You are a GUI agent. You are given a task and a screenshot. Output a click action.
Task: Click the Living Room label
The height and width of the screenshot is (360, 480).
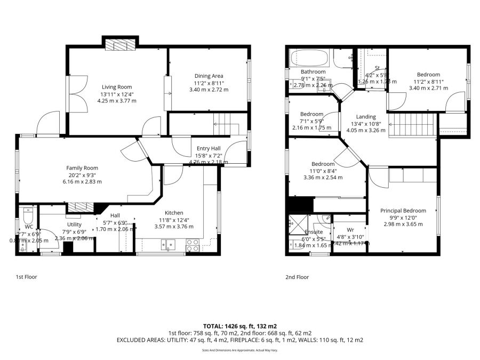(117, 87)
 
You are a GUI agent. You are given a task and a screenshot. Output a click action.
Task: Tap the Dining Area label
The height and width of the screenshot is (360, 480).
(209, 76)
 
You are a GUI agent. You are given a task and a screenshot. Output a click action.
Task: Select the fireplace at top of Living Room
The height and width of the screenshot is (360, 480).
(120, 44)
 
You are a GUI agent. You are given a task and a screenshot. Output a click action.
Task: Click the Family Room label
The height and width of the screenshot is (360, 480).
(82, 168)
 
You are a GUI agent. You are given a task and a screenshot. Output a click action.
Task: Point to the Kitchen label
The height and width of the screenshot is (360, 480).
(174, 212)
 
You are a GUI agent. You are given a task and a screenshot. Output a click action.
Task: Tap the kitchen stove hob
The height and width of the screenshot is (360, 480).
(193, 245)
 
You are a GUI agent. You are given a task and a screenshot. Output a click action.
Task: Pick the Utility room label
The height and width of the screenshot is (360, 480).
(74, 225)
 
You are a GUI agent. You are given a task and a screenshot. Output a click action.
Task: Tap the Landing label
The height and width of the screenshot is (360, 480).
(366, 117)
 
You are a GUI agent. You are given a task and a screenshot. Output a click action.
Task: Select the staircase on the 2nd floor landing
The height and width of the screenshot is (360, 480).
(413, 125)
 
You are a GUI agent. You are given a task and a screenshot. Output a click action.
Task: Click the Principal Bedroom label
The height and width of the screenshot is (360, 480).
(403, 211)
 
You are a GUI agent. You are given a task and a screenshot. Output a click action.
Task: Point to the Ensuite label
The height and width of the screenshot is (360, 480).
(314, 232)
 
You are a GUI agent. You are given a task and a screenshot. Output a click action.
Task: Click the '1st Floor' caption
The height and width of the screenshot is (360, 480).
(26, 277)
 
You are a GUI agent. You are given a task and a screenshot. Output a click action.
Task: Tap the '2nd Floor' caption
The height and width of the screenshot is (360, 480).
(297, 277)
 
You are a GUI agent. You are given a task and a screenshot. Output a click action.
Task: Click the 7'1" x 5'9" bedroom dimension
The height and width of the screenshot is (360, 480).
(311, 121)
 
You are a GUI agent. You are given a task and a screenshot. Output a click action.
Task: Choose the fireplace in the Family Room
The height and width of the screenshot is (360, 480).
(79, 207)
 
